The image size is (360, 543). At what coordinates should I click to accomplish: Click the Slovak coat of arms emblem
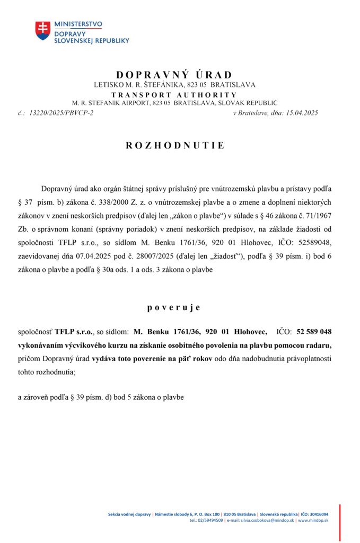tap(43, 30)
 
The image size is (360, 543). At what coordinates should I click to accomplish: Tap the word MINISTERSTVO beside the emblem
tap(78, 24)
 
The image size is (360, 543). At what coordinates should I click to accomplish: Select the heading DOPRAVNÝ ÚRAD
tap(174, 75)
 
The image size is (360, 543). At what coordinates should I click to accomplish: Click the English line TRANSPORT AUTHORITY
tap(174, 94)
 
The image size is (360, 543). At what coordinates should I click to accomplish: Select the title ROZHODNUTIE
tap(175, 145)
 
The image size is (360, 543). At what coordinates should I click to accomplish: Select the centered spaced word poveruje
tap(174, 308)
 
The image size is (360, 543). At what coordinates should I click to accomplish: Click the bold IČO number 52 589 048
tap(314, 332)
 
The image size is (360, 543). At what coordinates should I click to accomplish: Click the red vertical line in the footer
tap(340, 522)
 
